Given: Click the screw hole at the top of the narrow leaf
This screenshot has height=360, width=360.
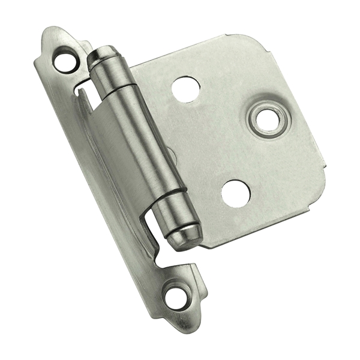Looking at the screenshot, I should pyautogui.click(x=62, y=59).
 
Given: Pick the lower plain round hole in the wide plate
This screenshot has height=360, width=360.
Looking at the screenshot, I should pyautogui.click(x=235, y=193).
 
